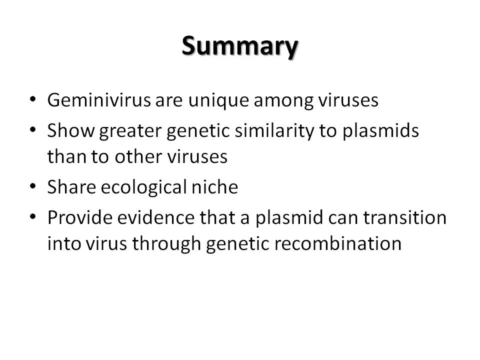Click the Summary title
(239, 46)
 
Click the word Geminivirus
(99, 100)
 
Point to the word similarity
(274, 131)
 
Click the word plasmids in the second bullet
(380, 131)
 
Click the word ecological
(143, 187)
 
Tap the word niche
(214, 186)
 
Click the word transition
(404, 217)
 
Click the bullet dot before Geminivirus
(33, 99)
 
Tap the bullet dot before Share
(33, 186)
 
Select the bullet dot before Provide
(33, 216)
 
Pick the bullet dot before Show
(33, 130)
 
